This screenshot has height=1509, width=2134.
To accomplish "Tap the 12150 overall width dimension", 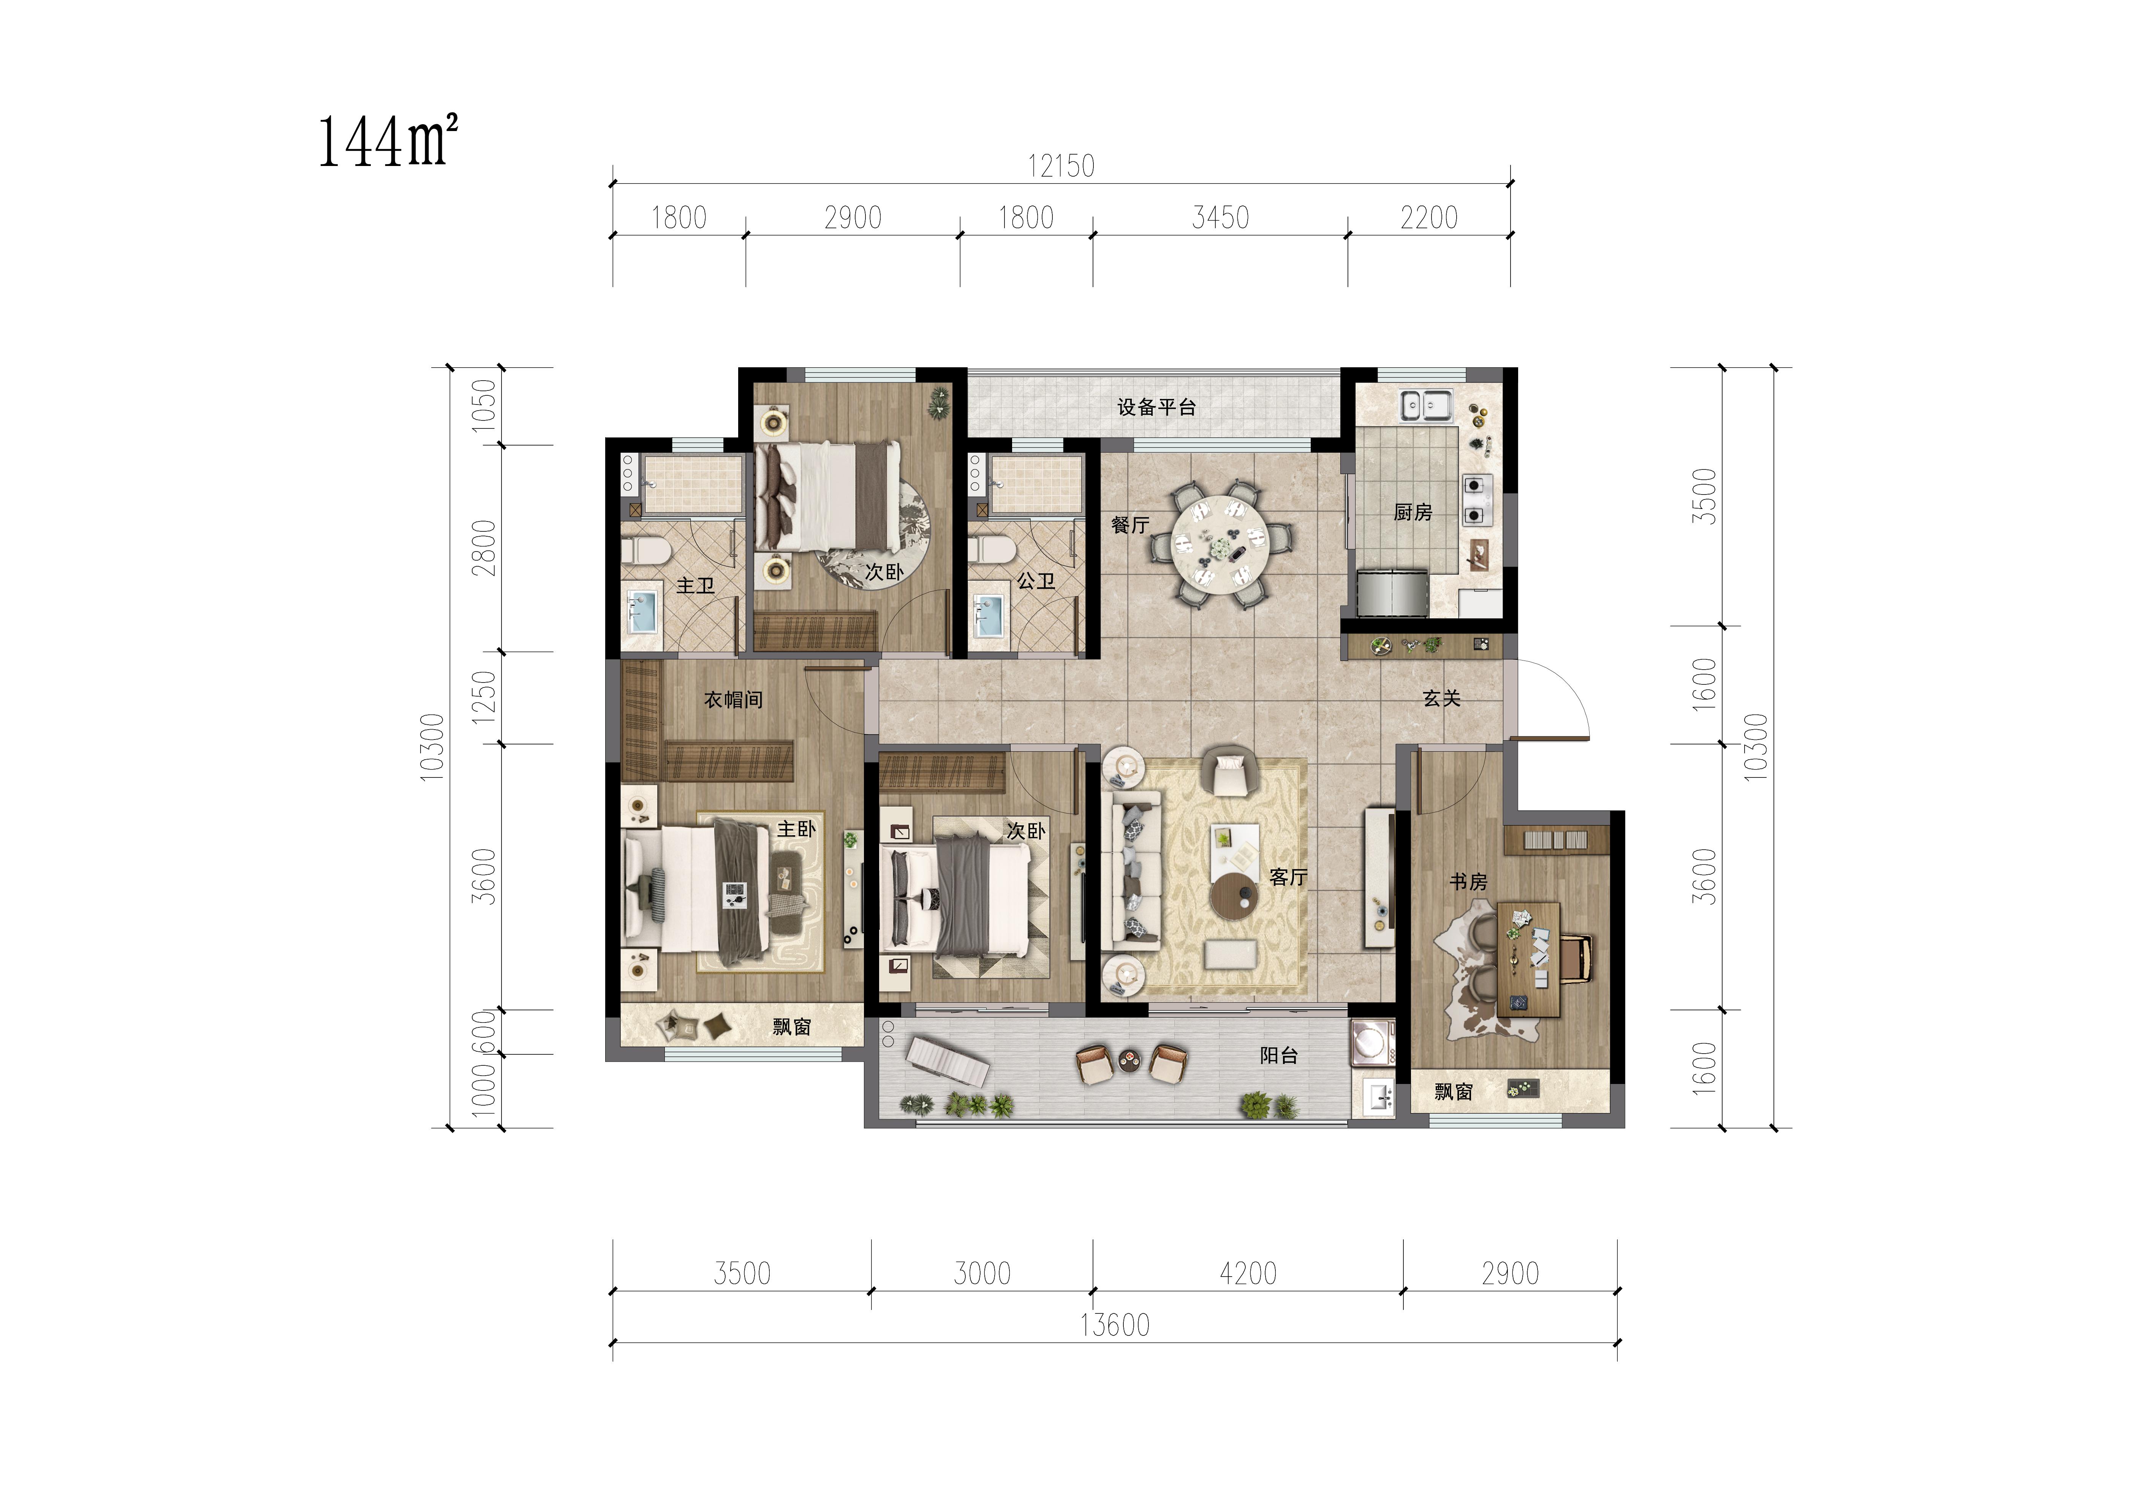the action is tap(1060, 166).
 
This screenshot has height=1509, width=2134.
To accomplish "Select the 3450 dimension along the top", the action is tap(1220, 218).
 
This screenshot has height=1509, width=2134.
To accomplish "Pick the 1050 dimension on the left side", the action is tap(484, 405).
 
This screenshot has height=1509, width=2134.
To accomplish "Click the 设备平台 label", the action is tap(1156, 407).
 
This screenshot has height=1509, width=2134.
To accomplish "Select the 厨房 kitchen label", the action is tap(1413, 512).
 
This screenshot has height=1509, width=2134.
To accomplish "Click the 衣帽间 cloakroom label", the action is tap(733, 700).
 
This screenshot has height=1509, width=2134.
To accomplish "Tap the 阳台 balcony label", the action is tap(1279, 1056).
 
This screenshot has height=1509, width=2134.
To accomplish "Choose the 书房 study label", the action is tap(1468, 882).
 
